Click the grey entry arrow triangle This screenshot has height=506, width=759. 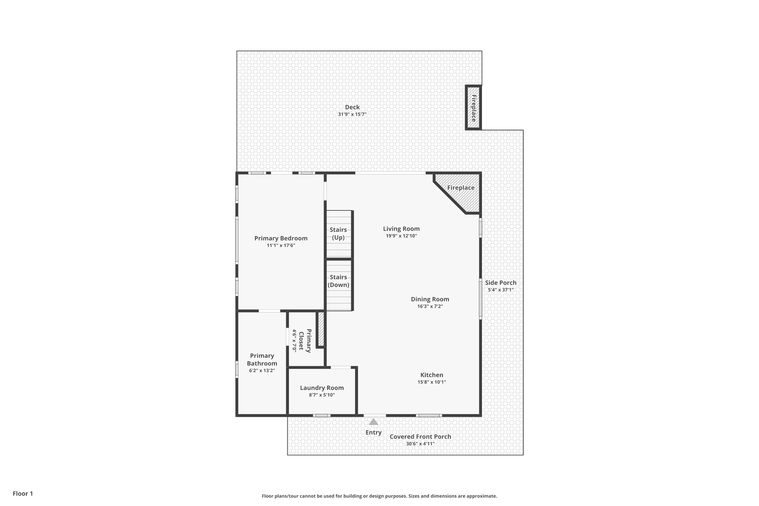pyautogui.click(x=373, y=421)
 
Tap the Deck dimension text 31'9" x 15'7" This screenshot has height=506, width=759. pyautogui.click(x=352, y=114)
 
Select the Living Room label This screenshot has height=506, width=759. pyautogui.click(x=402, y=229)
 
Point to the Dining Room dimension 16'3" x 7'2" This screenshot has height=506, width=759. pyautogui.click(x=430, y=306)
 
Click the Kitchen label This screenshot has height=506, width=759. pyautogui.click(x=432, y=375)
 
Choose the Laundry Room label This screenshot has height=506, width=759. pyautogui.click(x=322, y=388)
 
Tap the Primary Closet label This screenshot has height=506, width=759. pyautogui.click(x=305, y=341)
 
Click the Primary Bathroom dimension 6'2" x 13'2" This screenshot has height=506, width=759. pyautogui.click(x=262, y=370)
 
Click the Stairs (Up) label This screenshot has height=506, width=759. pyautogui.click(x=338, y=234)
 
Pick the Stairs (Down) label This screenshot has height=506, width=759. pyautogui.click(x=338, y=281)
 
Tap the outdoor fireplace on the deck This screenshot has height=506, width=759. pyautogui.click(x=473, y=108)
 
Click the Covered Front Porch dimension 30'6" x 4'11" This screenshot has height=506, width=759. pyautogui.click(x=420, y=444)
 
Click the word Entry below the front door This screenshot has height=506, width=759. pyautogui.click(x=373, y=432)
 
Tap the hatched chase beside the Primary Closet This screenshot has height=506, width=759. pyautogui.click(x=321, y=329)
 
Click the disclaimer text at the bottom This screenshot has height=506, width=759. pyautogui.click(x=379, y=496)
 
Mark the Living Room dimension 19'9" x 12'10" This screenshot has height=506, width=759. pyautogui.click(x=402, y=236)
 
